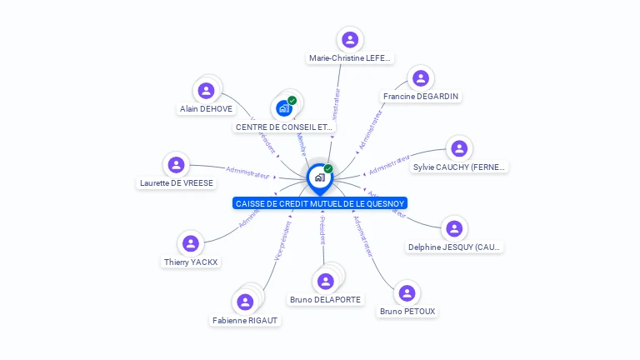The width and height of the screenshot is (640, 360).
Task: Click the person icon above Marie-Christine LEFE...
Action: pos(350,39)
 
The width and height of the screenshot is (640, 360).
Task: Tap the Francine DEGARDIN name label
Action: pos(422,97)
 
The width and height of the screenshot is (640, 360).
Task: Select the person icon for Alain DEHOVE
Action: pos(205,90)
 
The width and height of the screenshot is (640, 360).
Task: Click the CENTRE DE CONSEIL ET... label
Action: pos(278,127)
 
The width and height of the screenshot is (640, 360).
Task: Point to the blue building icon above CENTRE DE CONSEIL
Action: pos(284,108)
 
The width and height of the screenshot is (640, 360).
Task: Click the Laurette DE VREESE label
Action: pos(177,183)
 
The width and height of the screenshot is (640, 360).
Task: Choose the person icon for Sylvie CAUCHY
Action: pos(458,148)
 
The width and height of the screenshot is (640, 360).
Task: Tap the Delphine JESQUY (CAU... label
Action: pos(455,247)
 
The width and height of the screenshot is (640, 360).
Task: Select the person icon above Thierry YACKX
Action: pos(190,243)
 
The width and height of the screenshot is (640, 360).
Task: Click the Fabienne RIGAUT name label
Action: pos(245,320)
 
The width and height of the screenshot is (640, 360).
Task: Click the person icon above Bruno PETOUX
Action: pos(407,293)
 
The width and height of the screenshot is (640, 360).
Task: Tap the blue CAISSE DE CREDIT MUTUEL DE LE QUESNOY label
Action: pos(320,203)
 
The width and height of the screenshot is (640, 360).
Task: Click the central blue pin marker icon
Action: pos(319,178)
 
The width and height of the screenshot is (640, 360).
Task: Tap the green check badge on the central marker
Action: pos(328,169)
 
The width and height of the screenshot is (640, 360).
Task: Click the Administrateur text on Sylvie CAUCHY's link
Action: pos(390,165)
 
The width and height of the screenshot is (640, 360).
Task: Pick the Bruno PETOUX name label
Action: pos(407,312)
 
